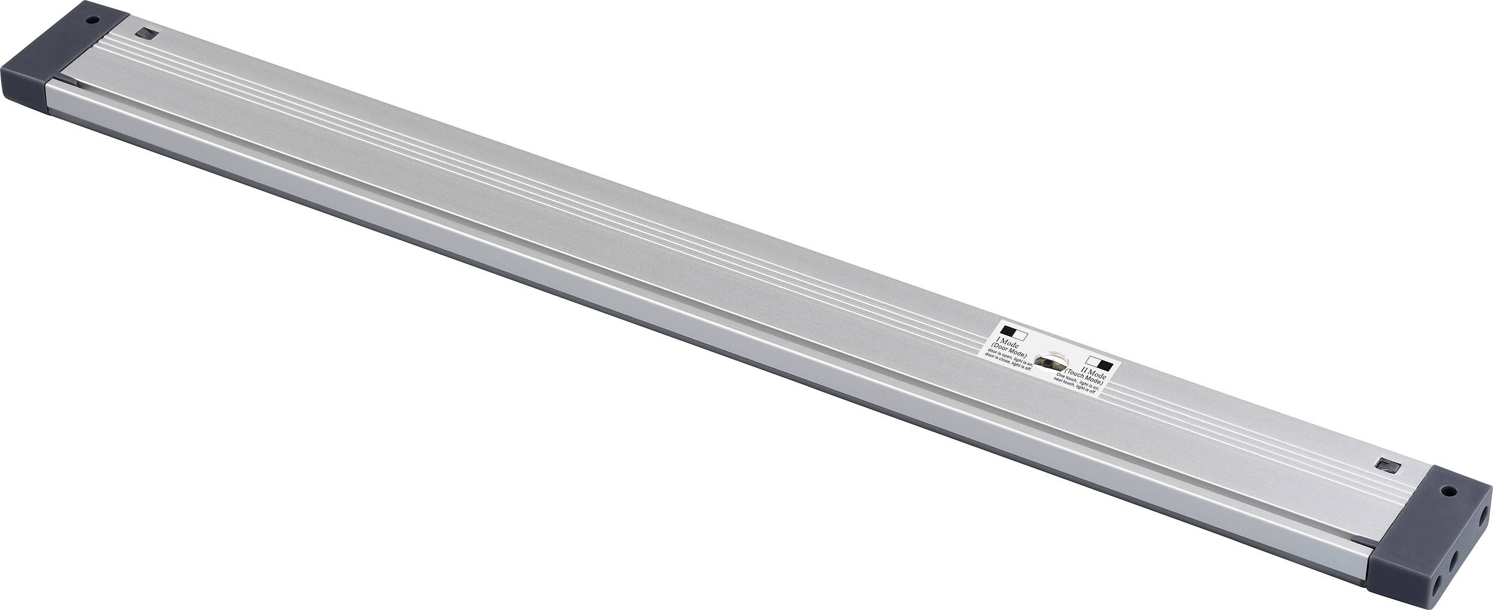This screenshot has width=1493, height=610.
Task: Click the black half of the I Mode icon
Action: (x=1007, y=330)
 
